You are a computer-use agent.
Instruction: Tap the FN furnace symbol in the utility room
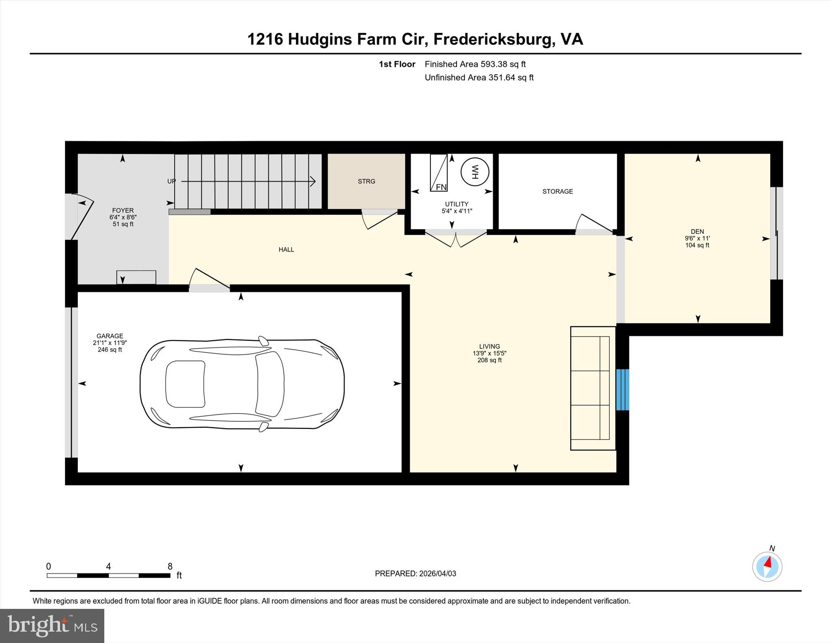(439, 173)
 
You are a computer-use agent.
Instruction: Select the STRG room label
(366, 182)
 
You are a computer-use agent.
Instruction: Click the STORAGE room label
(558, 191)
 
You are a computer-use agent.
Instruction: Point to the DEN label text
(697, 232)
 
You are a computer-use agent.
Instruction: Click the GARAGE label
(110, 336)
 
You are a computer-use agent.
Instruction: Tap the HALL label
(286, 249)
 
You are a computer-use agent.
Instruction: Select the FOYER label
(123, 210)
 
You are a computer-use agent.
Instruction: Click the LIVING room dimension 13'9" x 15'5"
(489, 353)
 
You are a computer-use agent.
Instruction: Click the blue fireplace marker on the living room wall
(622, 390)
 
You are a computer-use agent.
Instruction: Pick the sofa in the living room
(592, 388)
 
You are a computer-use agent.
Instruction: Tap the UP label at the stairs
(172, 181)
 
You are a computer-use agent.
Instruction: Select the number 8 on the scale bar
(170, 566)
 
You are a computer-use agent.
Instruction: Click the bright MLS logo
(52, 626)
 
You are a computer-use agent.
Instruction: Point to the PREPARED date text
(415, 574)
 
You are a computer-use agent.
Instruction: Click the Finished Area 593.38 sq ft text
(475, 64)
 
